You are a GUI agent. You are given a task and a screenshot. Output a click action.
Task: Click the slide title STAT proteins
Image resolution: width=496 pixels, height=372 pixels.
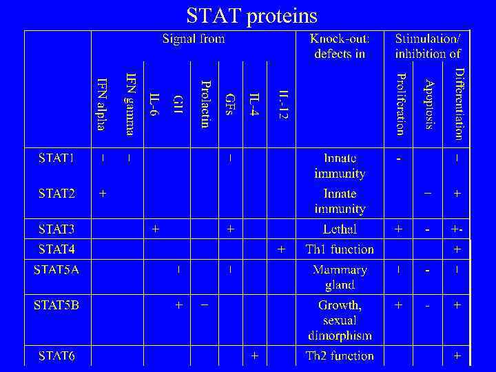click(x=251, y=15)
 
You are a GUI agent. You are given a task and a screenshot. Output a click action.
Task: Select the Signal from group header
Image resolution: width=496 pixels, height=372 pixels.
click(x=194, y=39)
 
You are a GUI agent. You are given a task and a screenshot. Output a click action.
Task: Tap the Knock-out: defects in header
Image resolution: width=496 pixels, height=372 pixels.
click(x=340, y=46)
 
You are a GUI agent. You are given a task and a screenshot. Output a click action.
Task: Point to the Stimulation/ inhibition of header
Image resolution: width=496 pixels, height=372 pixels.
click(x=428, y=46)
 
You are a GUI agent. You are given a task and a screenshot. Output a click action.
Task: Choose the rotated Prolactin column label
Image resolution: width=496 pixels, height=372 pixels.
click(x=205, y=104)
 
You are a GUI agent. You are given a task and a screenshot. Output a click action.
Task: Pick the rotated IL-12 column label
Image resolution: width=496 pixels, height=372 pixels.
click(x=282, y=104)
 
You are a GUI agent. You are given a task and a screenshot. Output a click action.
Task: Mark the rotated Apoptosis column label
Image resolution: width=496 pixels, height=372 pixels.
click(x=428, y=104)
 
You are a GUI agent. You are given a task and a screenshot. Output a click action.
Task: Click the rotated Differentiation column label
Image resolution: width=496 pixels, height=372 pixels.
click(x=458, y=104)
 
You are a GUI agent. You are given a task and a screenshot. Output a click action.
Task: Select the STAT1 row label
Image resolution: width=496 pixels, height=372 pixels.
click(x=56, y=158)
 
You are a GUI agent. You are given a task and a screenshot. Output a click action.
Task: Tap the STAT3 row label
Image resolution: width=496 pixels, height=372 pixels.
click(x=56, y=228)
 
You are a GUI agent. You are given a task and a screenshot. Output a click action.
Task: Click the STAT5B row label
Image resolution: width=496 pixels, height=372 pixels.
click(x=56, y=304)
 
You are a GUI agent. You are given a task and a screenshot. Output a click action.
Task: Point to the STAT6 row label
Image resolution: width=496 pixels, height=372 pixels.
click(x=56, y=356)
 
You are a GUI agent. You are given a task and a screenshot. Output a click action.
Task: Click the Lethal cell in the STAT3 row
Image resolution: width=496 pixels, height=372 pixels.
click(x=340, y=229)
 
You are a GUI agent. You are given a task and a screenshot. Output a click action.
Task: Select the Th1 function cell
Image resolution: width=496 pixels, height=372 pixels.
click(x=340, y=249)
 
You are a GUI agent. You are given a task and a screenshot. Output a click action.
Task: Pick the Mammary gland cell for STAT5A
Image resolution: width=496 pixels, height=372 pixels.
click(x=340, y=277)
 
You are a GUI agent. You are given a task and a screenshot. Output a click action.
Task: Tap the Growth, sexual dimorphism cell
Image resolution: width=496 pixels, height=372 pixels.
click(x=340, y=320)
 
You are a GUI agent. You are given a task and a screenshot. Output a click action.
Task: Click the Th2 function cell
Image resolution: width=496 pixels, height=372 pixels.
click(x=340, y=356)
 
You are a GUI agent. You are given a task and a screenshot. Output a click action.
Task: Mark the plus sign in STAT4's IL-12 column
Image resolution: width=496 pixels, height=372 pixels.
click(x=281, y=249)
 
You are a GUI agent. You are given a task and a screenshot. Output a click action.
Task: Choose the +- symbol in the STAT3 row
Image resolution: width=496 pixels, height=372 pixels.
click(x=457, y=229)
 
